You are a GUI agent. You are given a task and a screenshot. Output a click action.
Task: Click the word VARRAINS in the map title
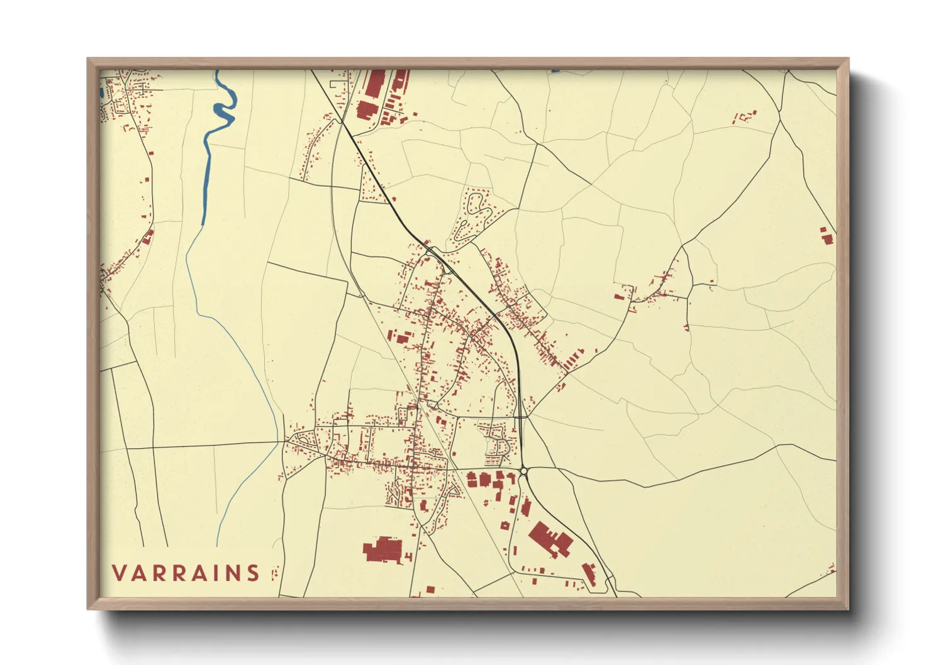[x=186, y=573]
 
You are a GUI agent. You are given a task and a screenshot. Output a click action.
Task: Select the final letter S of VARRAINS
[x=253, y=573]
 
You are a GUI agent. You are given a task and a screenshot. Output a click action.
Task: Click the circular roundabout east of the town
[x=523, y=470]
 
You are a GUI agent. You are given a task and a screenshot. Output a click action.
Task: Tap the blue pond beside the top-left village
[x=101, y=92]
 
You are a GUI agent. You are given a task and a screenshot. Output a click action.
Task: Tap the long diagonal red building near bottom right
[x=589, y=574]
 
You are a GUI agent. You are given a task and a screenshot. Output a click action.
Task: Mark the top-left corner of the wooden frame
[x=88, y=59]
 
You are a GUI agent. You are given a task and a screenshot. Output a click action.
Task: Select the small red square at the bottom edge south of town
[x=430, y=590]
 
